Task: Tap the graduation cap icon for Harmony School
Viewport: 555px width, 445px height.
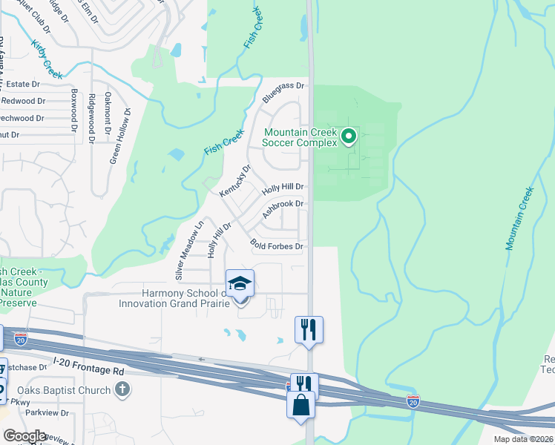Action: [x=240, y=283]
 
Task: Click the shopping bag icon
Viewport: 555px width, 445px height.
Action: [x=300, y=405]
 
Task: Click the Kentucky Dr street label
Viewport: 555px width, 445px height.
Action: [x=236, y=181]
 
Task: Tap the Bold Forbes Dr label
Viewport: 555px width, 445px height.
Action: [x=277, y=245]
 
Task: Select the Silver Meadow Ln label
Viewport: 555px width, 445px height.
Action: [x=189, y=252]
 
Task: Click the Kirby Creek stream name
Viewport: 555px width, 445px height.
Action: [x=47, y=59]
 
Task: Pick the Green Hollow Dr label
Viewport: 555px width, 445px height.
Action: [x=119, y=136]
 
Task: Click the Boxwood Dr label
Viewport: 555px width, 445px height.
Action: [x=74, y=111]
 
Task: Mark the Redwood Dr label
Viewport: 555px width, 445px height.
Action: [x=23, y=101]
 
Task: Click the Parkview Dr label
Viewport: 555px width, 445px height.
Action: [x=47, y=413]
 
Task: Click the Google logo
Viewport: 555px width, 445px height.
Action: [x=24, y=436]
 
